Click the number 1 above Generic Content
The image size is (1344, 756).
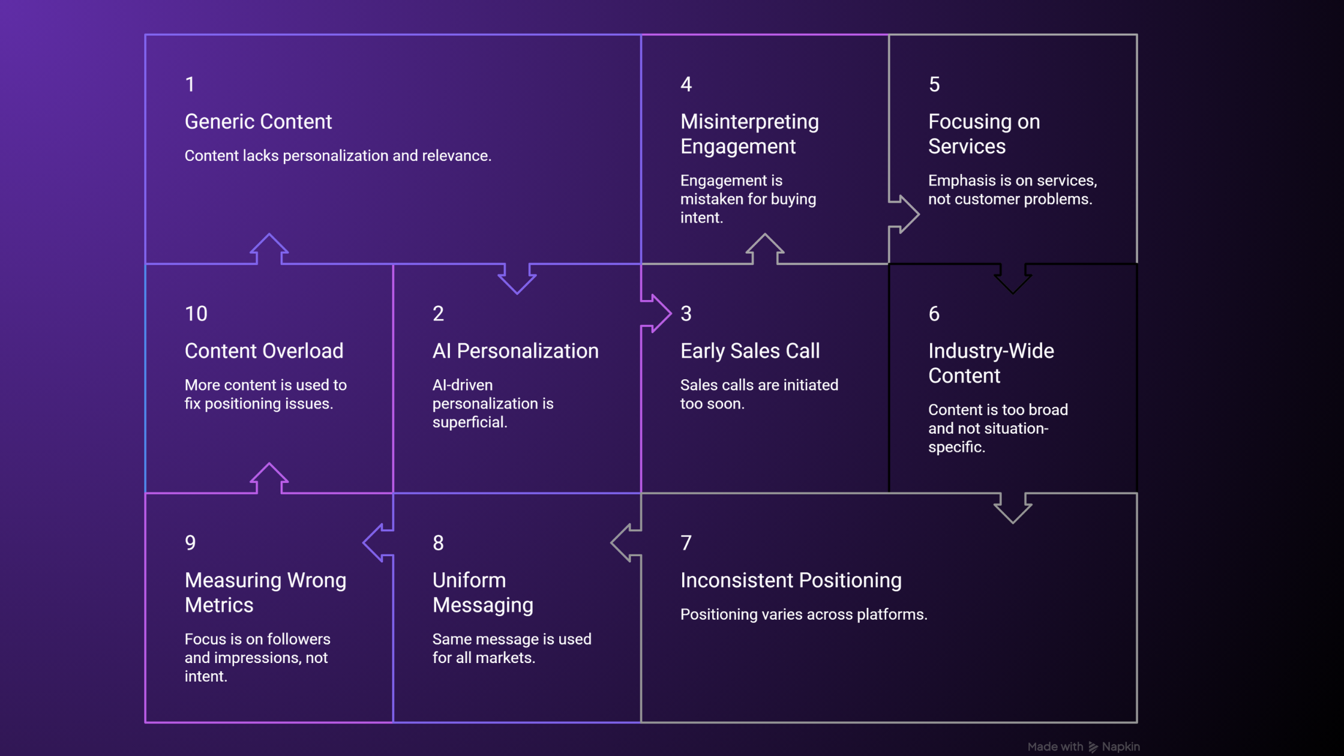click(190, 84)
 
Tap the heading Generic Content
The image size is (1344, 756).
click(258, 121)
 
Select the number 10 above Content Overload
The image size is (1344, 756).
click(196, 313)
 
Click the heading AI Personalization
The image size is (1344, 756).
click(515, 350)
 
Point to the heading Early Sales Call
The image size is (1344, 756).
click(750, 350)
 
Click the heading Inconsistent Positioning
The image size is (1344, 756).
click(791, 580)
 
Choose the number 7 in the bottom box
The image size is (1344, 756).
click(686, 542)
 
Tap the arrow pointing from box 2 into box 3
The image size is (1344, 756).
click(656, 313)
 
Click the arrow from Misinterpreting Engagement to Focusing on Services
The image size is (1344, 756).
click(904, 214)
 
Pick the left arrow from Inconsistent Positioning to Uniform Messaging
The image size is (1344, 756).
click(626, 542)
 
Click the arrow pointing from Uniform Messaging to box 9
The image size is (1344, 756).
click(378, 542)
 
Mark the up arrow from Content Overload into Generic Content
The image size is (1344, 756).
click(269, 248)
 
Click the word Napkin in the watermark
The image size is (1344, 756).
click(1121, 746)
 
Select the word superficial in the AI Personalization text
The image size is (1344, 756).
click(470, 422)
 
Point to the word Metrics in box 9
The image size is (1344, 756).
click(219, 605)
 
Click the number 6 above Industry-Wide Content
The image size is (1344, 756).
click(934, 313)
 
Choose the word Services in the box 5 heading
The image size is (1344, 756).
click(967, 146)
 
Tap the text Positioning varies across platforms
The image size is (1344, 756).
click(803, 614)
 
